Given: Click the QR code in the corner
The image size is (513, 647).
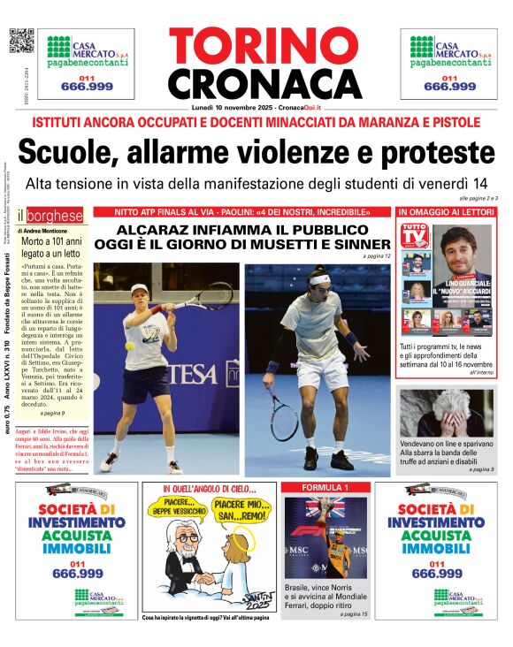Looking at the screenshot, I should (x=20, y=41).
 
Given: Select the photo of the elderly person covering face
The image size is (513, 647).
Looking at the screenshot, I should (x=446, y=413).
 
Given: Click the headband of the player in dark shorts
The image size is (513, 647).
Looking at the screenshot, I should (x=319, y=280).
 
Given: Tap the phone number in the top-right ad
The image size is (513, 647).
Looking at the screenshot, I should (x=449, y=86).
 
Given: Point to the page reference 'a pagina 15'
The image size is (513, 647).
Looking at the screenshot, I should (x=352, y=613).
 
